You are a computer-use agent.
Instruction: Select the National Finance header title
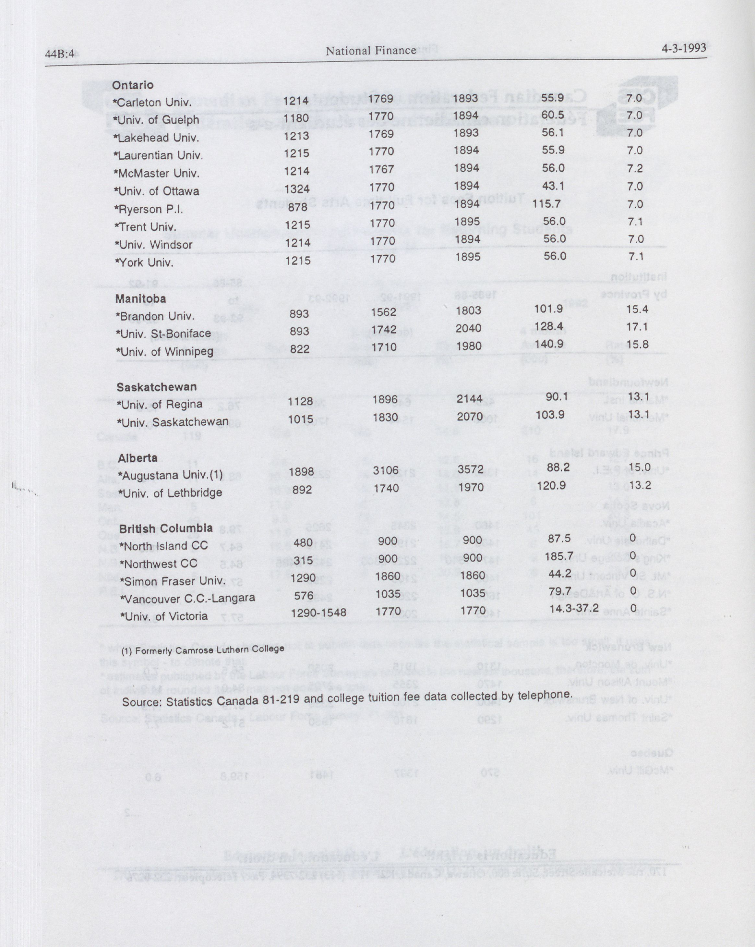coord(371,51)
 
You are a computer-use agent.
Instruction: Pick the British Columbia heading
coord(166,528)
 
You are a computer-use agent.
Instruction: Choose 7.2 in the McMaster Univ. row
coord(635,168)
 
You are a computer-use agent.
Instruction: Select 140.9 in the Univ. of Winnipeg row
coord(549,344)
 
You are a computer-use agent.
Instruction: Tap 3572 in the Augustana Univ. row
coord(470,469)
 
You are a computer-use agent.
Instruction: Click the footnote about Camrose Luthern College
coord(203,649)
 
